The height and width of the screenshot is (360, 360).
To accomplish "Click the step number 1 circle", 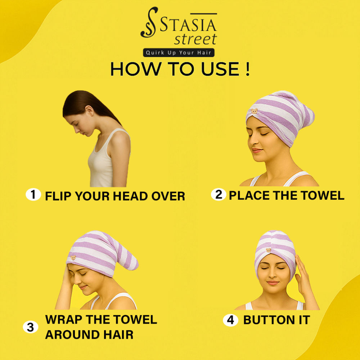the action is point(33,194).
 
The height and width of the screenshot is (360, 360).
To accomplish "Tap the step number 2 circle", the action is point(219,194).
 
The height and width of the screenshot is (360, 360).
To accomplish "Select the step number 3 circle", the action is point(31,327).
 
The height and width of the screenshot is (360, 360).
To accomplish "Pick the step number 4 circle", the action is point(230,320).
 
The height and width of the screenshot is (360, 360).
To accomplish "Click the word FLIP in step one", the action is point(58,196).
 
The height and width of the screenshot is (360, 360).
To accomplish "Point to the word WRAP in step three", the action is point(64,319).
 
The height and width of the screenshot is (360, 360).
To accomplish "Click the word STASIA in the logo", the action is point(188,25).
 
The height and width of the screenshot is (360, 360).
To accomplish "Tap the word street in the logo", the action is point(195,39).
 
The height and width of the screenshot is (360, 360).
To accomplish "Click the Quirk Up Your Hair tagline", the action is point(179,53).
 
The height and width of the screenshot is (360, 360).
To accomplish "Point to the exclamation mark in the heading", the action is point(247,69).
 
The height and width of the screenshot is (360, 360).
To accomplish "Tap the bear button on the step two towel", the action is point(255,111).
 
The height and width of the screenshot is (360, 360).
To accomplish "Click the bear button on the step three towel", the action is point(73,258).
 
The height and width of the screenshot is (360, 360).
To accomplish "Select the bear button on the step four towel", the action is point(268,250).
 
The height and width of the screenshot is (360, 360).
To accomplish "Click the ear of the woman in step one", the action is point(89,111).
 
